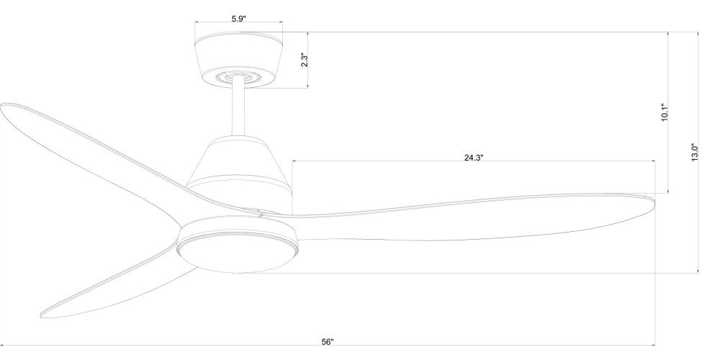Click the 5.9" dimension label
click(238, 19)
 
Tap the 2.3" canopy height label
click(304, 61)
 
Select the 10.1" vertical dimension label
click(664, 112)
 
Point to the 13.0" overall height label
click(695, 153)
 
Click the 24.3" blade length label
click(473, 158)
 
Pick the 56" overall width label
click(328, 342)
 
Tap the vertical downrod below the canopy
click(238, 109)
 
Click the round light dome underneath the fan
click(238, 255)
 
